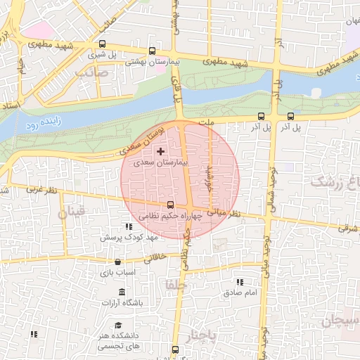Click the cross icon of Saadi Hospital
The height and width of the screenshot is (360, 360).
tap(161, 151)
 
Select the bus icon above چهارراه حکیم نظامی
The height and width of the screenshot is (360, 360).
tap(169, 205)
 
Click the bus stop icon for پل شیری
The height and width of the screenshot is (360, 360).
tap(93, 51)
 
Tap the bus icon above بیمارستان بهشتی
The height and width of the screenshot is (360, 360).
tap(153, 51)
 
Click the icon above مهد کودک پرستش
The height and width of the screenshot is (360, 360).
tap(128, 226)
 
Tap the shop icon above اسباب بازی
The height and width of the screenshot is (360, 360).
tap(110, 259)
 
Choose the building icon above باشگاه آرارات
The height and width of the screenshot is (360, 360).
tap(122, 292)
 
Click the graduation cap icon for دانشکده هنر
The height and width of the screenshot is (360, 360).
tap(119, 326)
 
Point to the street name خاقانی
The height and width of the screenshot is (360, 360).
tap(157, 258)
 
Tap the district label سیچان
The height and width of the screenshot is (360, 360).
tap(340, 322)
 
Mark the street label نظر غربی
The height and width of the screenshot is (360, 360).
tap(40, 190)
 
